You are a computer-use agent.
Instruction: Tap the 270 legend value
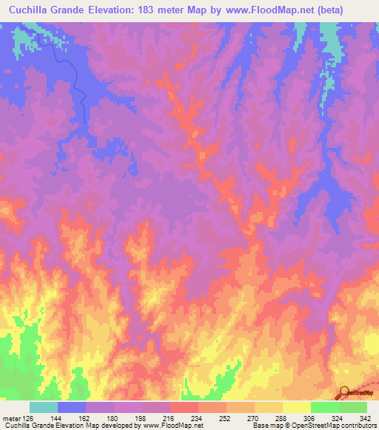point(252,417)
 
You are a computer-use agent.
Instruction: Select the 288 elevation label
point(280,417)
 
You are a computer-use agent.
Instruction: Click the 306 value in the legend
point(309,417)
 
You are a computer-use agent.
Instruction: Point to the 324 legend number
point(337,417)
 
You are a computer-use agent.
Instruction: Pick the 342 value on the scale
point(364,417)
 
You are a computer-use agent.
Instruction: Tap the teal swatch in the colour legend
point(44,407)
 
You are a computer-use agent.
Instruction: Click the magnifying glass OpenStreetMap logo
point(344,392)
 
